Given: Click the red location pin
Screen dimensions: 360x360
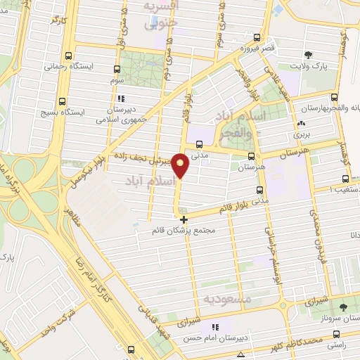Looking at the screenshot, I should pyautogui.click(x=181, y=165).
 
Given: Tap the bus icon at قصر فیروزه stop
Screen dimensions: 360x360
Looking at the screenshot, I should pyautogui.click(x=258, y=38).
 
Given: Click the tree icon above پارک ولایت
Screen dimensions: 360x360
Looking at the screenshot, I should pyautogui.click(x=308, y=55).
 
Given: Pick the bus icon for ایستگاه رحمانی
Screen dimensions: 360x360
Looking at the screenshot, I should pyautogui.click(x=67, y=56).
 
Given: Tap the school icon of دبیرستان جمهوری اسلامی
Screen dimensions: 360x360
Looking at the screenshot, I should pyautogui.click(x=122, y=99).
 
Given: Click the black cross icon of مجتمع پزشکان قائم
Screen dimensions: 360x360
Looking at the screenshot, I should pyautogui.click(x=184, y=219).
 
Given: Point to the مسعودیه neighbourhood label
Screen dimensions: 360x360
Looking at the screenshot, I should pyautogui.click(x=226, y=299).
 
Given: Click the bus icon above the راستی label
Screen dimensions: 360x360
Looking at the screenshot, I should pyautogui.click(x=337, y=335).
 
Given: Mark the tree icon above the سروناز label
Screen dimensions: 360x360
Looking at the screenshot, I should pyautogui.click(x=344, y=307).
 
